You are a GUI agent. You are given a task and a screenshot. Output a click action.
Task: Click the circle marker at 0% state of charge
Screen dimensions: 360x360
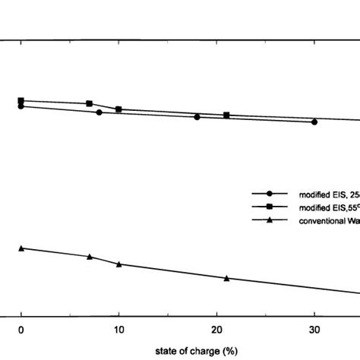pos(21,106)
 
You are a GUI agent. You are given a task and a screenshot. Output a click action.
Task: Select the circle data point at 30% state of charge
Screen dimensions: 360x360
pos(314,122)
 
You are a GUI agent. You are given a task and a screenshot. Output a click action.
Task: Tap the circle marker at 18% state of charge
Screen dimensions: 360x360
pos(197,117)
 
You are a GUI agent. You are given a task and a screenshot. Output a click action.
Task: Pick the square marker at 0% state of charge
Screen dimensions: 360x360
pos(21,100)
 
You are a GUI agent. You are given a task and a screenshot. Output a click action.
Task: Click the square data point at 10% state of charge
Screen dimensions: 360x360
pos(118,109)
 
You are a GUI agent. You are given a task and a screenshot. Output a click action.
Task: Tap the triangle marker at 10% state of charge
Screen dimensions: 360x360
pos(118,264)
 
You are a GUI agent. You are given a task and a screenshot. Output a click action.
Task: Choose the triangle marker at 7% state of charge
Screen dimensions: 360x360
pos(90,257)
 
